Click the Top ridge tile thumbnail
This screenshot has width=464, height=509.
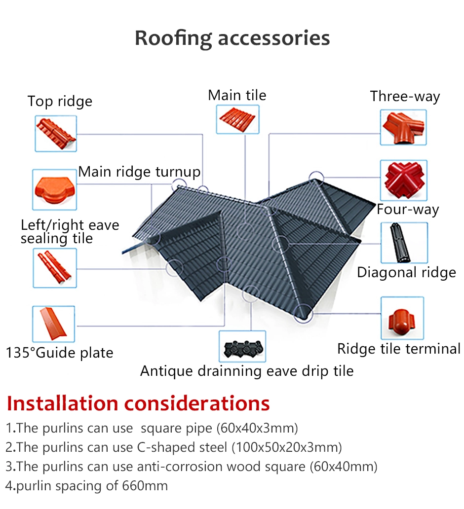point(56,134)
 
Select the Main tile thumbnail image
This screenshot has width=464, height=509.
point(238,119)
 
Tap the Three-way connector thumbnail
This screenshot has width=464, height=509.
point(403,127)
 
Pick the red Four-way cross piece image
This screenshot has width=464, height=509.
point(404,180)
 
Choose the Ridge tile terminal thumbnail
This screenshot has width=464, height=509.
point(402,318)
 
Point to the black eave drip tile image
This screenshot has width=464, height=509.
point(242,346)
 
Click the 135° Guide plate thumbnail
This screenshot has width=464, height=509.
point(54,324)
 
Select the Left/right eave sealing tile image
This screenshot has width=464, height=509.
point(55,268)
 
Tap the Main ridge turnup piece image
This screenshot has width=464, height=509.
point(55,189)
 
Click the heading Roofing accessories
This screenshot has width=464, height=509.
point(232,38)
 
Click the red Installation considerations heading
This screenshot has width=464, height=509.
point(138,403)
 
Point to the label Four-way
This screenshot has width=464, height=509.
point(408,210)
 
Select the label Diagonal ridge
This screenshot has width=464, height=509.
point(406,273)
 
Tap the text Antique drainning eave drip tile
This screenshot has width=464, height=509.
point(247,371)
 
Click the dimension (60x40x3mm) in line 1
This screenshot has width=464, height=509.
point(257,428)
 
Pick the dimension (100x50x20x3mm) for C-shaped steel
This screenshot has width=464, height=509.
point(287,447)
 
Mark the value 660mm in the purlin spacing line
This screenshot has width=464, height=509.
point(145,486)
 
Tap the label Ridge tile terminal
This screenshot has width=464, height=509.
point(399,349)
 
